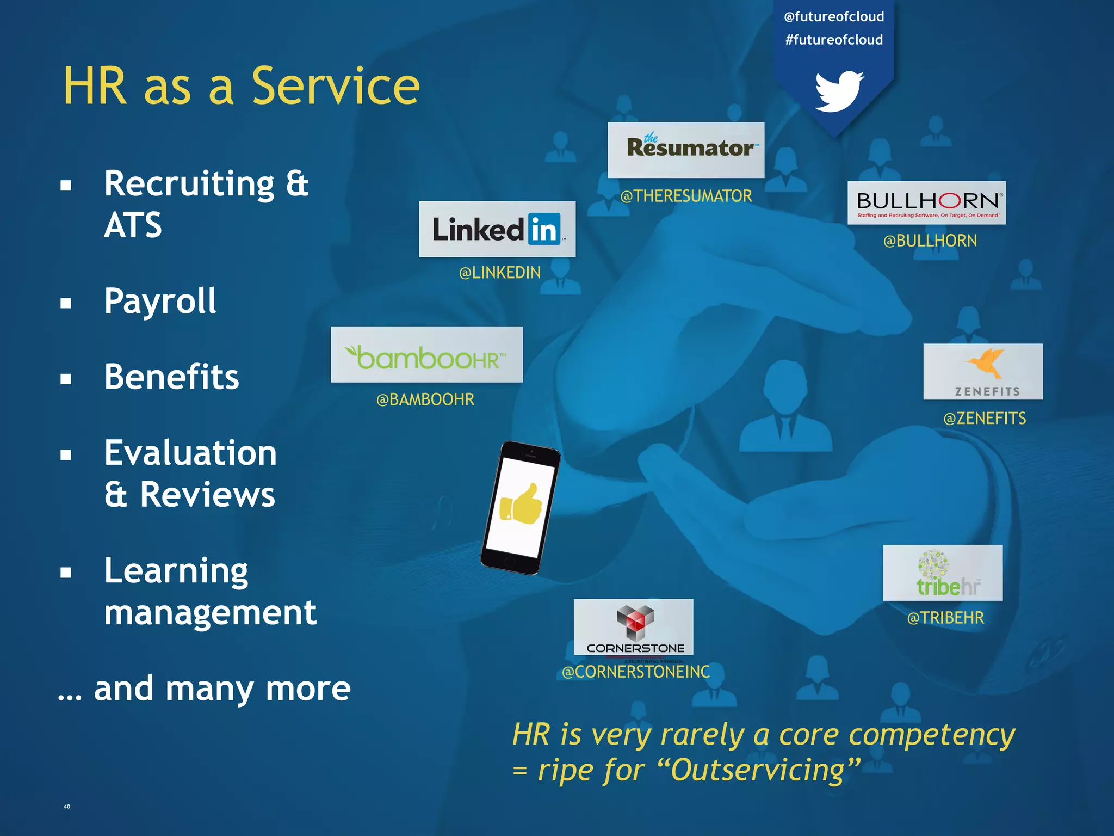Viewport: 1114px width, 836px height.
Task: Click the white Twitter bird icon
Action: (x=839, y=91)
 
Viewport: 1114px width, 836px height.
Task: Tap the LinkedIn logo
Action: (x=497, y=229)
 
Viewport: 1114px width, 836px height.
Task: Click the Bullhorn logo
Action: (x=926, y=202)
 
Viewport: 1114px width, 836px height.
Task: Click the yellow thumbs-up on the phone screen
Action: (x=521, y=504)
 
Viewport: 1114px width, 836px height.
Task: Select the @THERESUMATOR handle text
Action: (x=686, y=196)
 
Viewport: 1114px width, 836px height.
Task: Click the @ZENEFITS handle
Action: (x=985, y=419)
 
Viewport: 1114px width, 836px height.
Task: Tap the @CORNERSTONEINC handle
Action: (x=636, y=672)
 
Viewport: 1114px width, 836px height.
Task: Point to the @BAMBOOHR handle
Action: (x=425, y=399)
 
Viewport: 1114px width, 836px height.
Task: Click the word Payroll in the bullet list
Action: (x=160, y=302)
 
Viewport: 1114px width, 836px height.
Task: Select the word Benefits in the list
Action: (x=171, y=377)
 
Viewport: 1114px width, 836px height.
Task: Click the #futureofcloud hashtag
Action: (x=834, y=40)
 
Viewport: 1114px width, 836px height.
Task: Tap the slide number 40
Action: (x=67, y=807)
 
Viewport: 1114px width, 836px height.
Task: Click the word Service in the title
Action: (x=336, y=86)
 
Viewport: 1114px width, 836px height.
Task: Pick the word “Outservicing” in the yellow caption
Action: (x=758, y=770)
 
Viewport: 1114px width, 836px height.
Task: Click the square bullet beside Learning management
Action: (x=66, y=573)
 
